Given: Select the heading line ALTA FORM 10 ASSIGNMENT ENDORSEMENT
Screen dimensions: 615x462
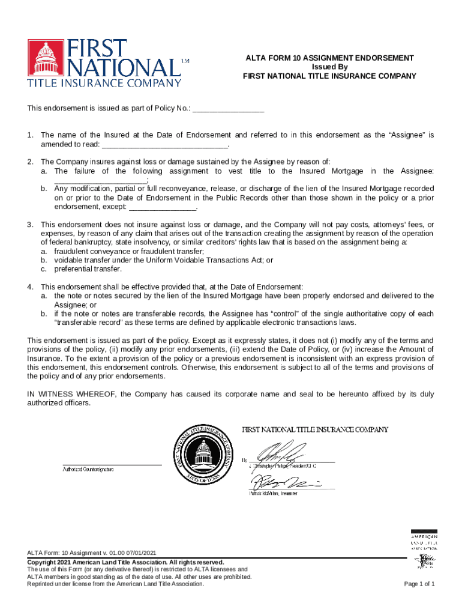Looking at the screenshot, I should [x=329, y=58].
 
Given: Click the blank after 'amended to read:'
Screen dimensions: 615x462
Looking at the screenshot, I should [x=165, y=145].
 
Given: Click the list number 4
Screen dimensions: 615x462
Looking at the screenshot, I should [x=30, y=286].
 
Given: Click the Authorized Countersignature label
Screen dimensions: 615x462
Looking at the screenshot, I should [x=89, y=468].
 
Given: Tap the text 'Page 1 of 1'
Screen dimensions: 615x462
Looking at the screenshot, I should [x=419, y=584].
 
